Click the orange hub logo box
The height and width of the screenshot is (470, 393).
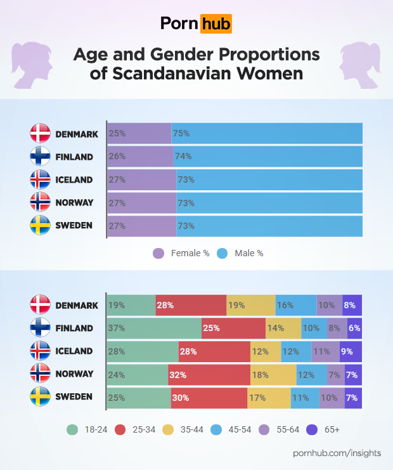tap(216, 24)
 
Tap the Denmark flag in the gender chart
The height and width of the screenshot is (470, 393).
tap(40, 134)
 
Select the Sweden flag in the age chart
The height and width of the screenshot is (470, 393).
tap(40, 397)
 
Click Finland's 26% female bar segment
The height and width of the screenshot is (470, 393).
tap(140, 157)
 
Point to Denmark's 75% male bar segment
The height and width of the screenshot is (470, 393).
tap(267, 134)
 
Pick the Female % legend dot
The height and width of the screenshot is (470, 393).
tap(158, 253)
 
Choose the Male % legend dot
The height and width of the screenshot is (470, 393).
tap(222, 253)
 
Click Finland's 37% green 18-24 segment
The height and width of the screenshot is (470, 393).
tap(154, 329)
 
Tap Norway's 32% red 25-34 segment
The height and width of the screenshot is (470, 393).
tap(209, 374)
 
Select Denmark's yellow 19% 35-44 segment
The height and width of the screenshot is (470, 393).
tap(251, 305)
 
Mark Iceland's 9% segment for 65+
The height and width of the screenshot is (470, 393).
tap(351, 351)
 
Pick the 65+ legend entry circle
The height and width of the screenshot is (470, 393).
tap(312, 429)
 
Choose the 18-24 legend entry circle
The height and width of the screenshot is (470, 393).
tap(72, 429)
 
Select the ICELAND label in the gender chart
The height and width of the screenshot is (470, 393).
tap(74, 180)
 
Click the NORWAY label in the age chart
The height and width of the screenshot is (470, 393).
tap(74, 374)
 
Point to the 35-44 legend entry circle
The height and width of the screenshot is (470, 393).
tap(169, 429)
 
